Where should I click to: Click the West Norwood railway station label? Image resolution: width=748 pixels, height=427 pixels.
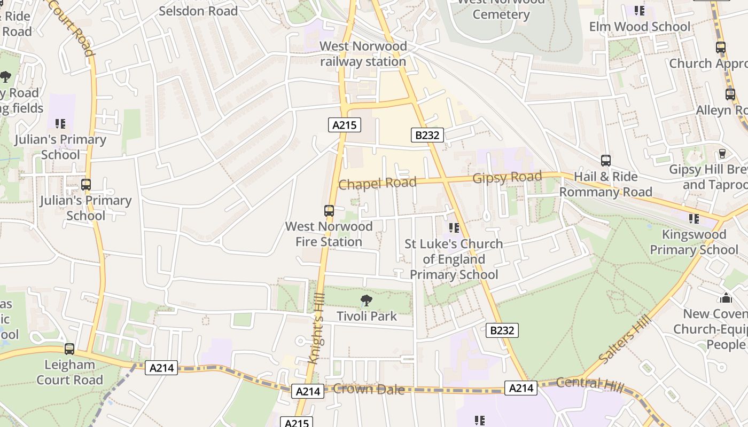[363, 54]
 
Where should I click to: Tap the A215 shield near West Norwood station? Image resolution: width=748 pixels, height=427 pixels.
[345, 125]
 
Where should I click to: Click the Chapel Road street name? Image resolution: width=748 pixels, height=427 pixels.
[377, 183]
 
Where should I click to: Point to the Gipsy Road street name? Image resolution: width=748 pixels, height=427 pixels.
[507, 177]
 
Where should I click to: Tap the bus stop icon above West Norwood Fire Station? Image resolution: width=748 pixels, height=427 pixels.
[329, 211]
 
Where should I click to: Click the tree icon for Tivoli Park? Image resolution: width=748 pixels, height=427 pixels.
[366, 301]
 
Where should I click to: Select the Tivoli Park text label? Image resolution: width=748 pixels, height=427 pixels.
[367, 316]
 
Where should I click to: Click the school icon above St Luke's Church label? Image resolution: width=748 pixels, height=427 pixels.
[454, 228]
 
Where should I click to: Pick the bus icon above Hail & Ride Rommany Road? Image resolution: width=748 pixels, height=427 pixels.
[606, 161]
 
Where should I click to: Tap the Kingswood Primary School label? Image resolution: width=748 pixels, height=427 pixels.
[694, 242]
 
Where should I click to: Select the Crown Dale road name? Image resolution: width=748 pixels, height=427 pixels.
[368, 389]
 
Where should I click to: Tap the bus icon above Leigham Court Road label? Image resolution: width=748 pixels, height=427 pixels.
[69, 349]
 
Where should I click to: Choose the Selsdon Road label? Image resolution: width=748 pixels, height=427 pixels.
[198, 11]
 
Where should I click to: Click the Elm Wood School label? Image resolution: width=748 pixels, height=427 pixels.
[639, 26]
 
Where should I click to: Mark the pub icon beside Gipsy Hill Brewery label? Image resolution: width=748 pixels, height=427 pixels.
[722, 153]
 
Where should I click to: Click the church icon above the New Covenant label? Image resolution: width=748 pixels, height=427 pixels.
[726, 298]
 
